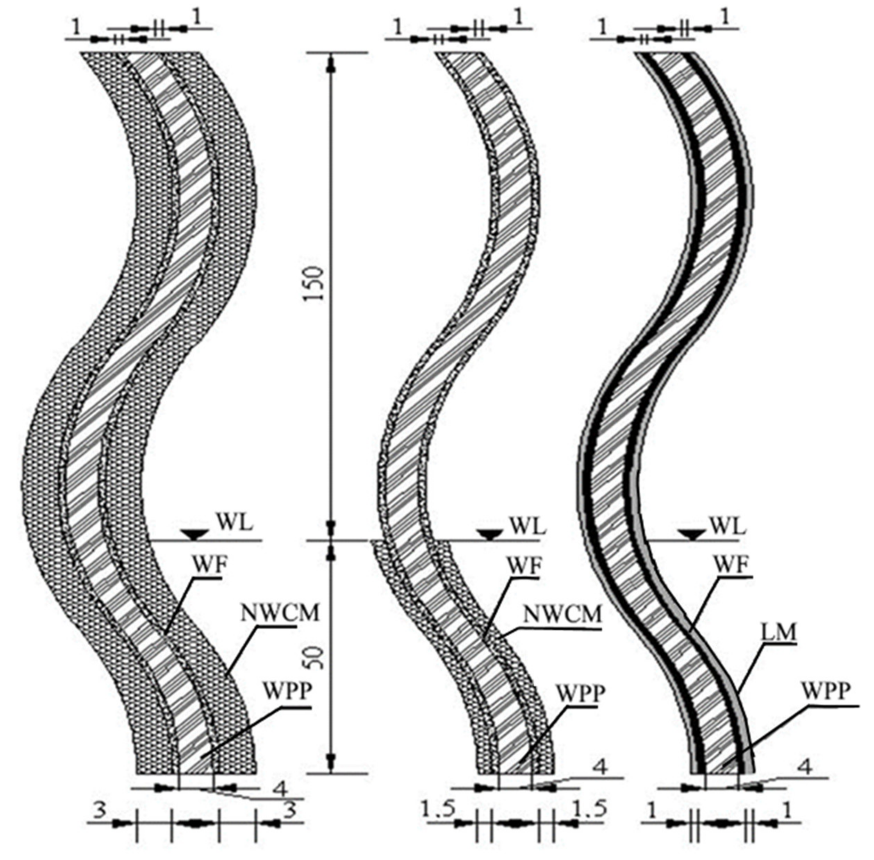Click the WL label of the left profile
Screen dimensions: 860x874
pos(236,523)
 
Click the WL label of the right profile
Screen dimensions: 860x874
pos(727,525)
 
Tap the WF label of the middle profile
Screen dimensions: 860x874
pos(523,565)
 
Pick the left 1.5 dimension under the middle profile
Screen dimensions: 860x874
pos(438,811)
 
